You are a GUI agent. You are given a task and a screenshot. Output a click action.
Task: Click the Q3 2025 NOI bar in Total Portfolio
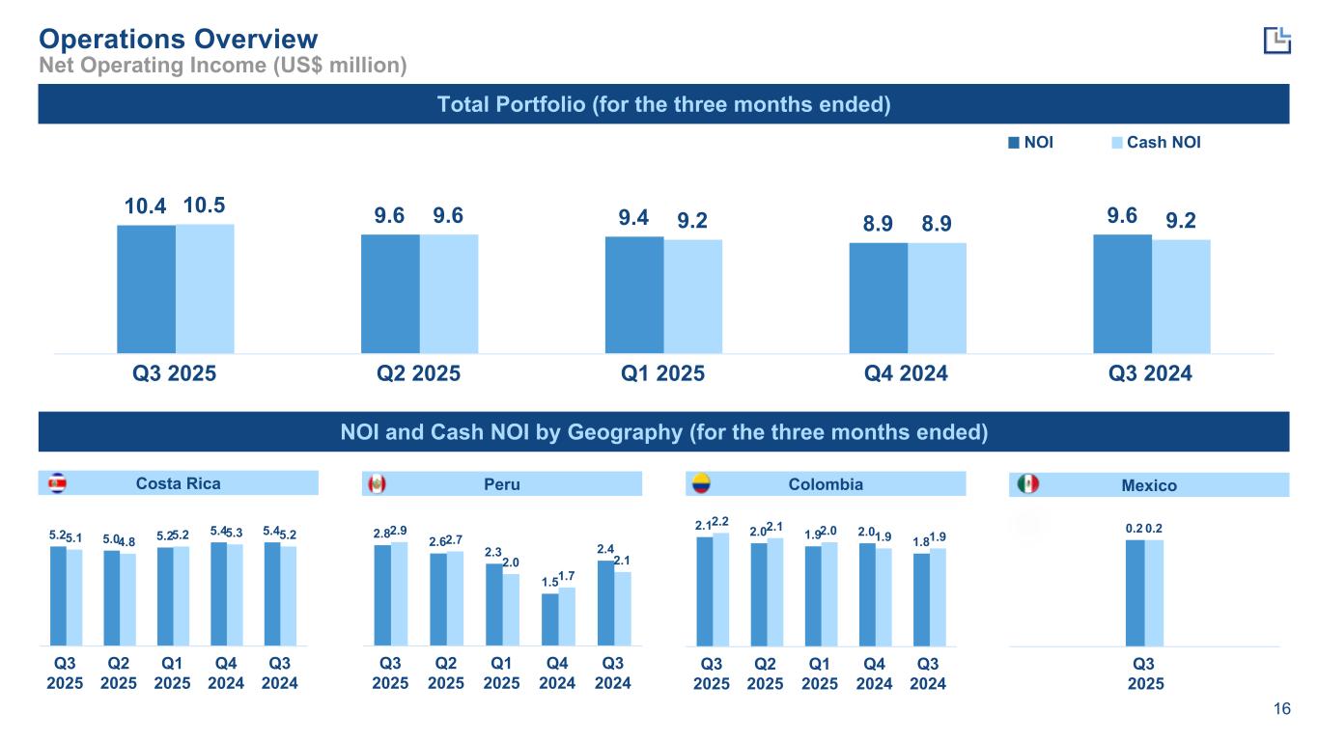[x=146, y=288]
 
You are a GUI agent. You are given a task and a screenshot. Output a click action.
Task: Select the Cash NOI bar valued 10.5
[x=205, y=288]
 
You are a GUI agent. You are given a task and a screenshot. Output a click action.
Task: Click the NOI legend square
[x=1013, y=143]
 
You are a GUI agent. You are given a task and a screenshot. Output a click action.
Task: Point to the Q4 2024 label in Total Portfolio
[x=908, y=373]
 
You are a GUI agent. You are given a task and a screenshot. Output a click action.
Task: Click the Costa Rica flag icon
[x=58, y=482]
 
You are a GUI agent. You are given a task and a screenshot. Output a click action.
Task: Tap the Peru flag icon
[x=377, y=483]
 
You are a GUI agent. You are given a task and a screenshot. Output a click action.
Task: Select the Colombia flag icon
[x=697, y=483]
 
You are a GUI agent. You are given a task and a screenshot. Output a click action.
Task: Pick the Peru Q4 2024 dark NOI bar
[x=549, y=618]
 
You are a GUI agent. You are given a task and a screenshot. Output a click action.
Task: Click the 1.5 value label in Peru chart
[x=549, y=582]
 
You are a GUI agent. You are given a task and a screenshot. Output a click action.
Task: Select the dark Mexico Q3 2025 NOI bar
[x=1135, y=591]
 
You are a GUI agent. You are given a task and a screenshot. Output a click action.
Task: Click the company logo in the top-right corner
[x=1276, y=40]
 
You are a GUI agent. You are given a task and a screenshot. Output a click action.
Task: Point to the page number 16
[x=1282, y=710]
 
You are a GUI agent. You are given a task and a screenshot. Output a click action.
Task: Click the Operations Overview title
[x=178, y=39]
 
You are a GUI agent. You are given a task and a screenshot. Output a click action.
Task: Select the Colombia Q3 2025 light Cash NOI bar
[x=720, y=588]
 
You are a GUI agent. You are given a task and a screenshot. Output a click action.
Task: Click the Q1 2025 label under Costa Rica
[x=173, y=673]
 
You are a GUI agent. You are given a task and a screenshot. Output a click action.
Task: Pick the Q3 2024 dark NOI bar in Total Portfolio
[x=1122, y=293]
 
